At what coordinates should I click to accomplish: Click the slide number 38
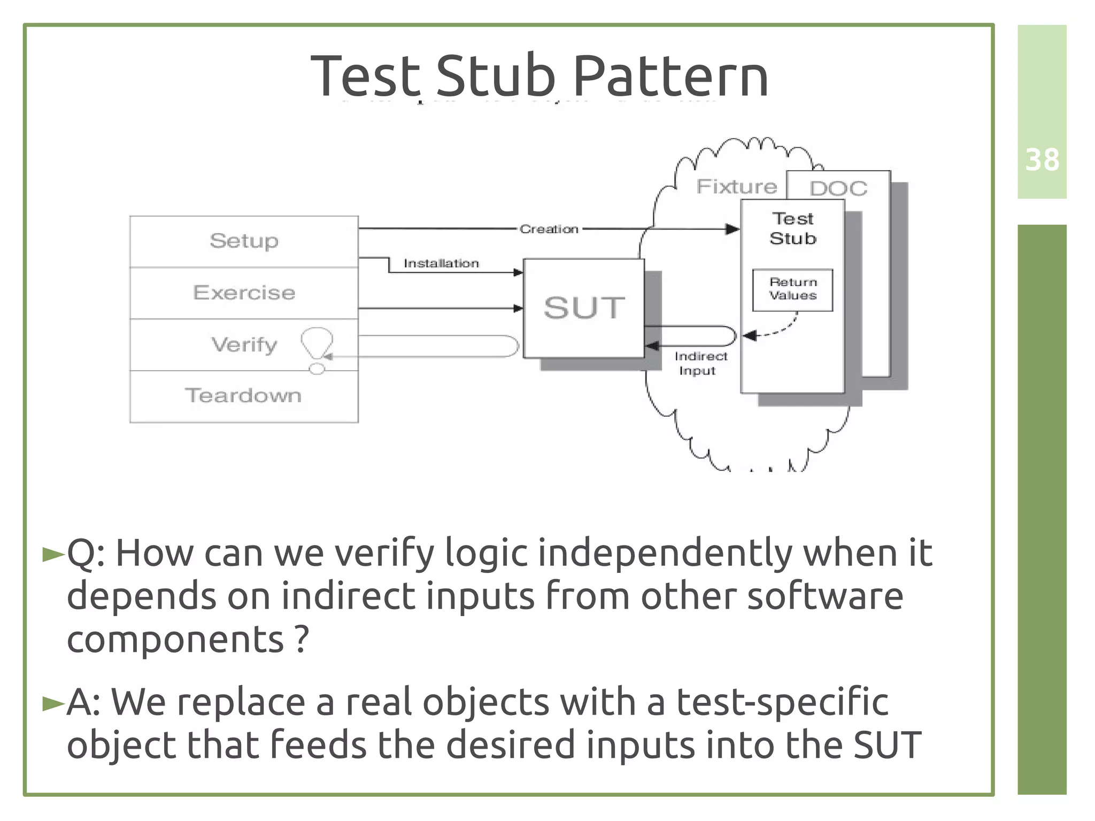(x=1042, y=160)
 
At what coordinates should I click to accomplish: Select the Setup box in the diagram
(x=244, y=241)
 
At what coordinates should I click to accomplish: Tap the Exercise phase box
(x=244, y=293)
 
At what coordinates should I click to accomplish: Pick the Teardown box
(x=244, y=396)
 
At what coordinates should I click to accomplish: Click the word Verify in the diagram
(x=244, y=344)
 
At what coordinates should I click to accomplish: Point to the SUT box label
(x=584, y=308)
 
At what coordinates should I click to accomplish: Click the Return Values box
(x=792, y=289)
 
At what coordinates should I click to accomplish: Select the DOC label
(x=838, y=188)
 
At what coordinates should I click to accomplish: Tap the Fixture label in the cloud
(x=736, y=187)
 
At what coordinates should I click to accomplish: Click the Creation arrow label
(x=549, y=229)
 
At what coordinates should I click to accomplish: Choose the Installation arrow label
(x=441, y=263)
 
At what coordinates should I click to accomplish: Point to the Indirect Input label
(x=699, y=363)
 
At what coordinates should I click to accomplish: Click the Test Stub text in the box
(x=792, y=228)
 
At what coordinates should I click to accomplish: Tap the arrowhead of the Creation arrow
(x=732, y=229)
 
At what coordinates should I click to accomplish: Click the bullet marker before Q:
(x=53, y=555)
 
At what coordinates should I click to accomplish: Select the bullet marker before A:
(x=53, y=703)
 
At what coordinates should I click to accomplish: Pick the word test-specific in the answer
(x=782, y=702)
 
